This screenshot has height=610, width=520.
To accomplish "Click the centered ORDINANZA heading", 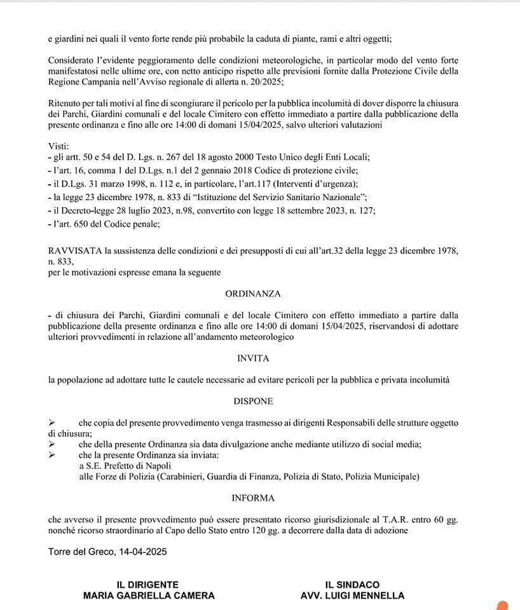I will coord(253,294).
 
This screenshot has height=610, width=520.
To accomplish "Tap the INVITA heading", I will coord(253,358).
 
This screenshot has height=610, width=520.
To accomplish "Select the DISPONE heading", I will coord(253,401).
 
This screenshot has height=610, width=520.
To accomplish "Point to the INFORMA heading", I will coord(253,498).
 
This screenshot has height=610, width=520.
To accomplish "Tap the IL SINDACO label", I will coord(352,585).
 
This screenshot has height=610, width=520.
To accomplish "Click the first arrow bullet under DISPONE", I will coord(52,423).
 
